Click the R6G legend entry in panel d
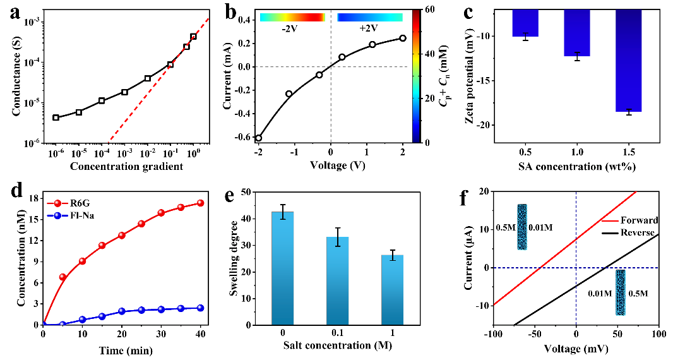78,206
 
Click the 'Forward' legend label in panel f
640,220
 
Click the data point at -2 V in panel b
258,138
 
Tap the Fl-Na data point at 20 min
122,311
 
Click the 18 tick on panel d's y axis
34,199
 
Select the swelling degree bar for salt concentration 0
287,268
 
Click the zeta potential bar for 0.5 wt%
516,23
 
